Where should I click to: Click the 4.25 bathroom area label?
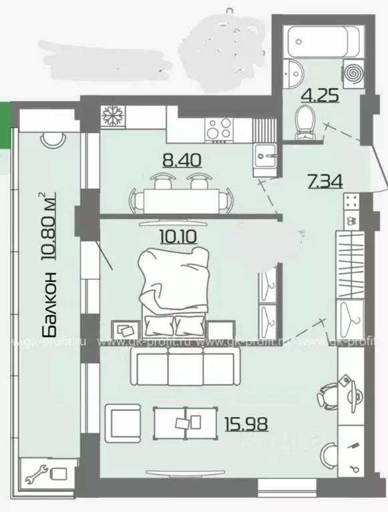[321, 94]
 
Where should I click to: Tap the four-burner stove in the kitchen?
[219, 127]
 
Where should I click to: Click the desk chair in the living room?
[327, 394]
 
